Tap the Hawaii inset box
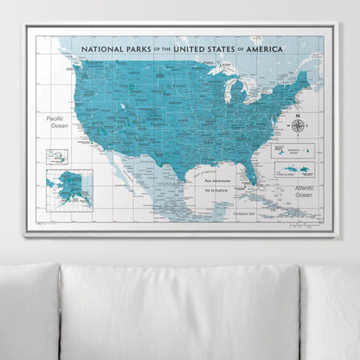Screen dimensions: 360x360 [x=57, y=157]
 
